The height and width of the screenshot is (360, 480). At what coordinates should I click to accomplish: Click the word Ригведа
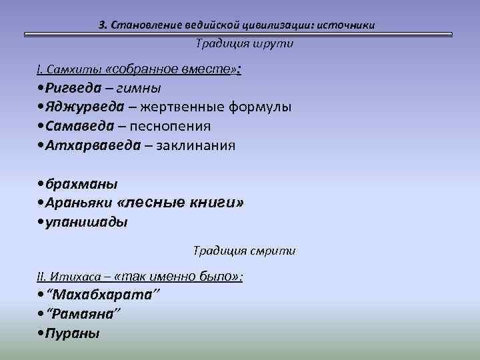[x=74, y=88]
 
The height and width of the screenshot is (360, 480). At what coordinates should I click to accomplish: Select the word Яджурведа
[x=85, y=107]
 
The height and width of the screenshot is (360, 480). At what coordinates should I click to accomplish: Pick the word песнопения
[x=170, y=126]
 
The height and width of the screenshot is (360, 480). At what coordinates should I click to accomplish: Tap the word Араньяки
[x=79, y=203]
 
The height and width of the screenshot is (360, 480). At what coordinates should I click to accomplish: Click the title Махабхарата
[x=103, y=295]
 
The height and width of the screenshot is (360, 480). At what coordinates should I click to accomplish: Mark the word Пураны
[x=73, y=333]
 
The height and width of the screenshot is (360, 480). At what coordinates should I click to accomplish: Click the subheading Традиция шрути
[x=244, y=43]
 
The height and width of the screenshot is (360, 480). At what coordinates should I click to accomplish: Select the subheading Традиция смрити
[x=244, y=251]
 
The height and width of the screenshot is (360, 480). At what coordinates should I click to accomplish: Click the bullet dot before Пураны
[x=42, y=333]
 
